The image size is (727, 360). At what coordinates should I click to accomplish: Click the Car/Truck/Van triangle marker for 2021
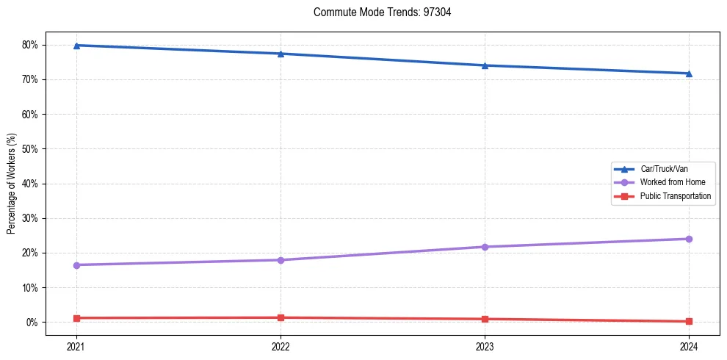click(76, 46)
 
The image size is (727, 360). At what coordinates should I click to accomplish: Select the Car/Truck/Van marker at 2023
click(485, 65)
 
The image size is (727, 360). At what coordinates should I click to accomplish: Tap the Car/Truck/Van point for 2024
click(689, 73)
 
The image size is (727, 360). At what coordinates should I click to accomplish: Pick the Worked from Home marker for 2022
click(281, 260)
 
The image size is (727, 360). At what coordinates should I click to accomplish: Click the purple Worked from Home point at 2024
click(689, 239)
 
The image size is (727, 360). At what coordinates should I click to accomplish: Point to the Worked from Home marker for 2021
click(76, 264)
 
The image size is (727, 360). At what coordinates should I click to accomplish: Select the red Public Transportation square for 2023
click(485, 319)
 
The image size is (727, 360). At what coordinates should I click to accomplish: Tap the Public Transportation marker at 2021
click(76, 318)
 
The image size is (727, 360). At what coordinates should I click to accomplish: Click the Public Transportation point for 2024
click(689, 321)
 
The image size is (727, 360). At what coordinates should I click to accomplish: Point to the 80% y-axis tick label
click(30, 45)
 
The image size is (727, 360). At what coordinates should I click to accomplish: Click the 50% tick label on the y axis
click(30, 149)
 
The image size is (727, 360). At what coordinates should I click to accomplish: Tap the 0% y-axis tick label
click(32, 323)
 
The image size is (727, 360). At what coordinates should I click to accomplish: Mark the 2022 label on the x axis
click(281, 345)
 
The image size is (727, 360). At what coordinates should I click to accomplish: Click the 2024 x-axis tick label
click(689, 345)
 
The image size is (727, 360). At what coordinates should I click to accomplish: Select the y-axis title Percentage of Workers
click(11, 184)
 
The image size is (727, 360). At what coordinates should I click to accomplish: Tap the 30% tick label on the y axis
click(30, 218)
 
